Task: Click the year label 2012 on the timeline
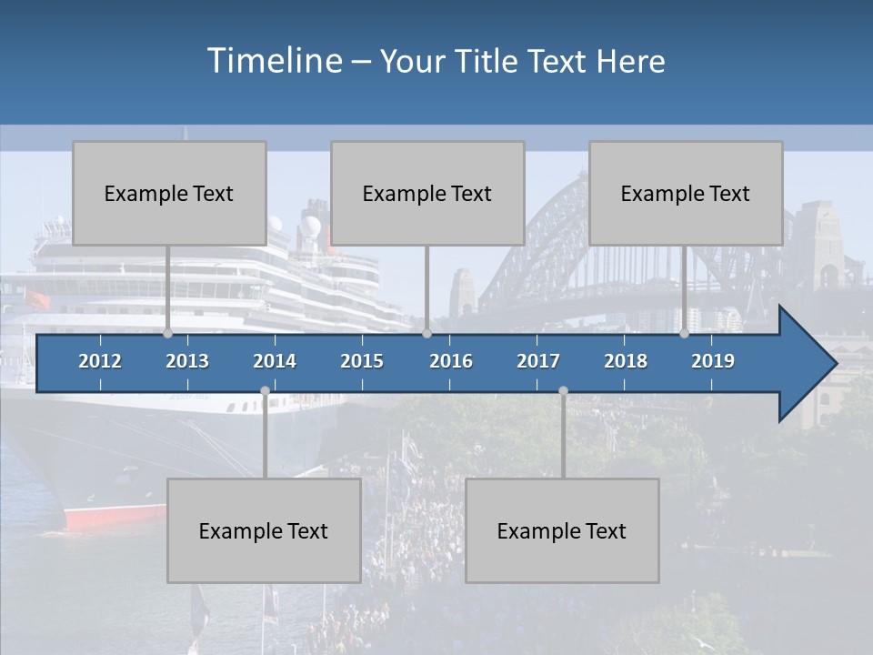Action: pyautogui.click(x=100, y=361)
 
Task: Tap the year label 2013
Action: pyautogui.click(x=187, y=361)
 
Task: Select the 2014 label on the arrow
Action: pyautogui.click(x=275, y=361)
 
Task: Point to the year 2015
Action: pyautogui.click(x=362, y=361)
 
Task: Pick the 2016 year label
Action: pyautogui.click(x=451, y=361)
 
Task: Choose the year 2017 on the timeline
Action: pyautogui.click(x=538, y=361)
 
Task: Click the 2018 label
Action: pyautogui.click(x=626, y=361)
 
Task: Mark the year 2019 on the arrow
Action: pyautogui.click(x=713, y=361)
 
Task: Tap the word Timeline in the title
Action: pyautogui.click(x=273, y=61)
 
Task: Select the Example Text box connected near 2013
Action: pyautogui.click(x=169, y=193)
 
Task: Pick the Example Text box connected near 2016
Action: pyautogui.click(x=427, y=193)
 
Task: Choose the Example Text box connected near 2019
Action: pyautogui.click(x=686, y=193)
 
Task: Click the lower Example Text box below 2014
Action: pyautogui.click(x=264, y=530)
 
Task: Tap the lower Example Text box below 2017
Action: pyautogui.click(x=562, y=530)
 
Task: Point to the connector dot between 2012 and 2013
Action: pyautogui.click(x=167, y=334)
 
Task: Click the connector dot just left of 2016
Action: pyautogui.click(x=426, y=334)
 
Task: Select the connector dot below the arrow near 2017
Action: pyautogui.click(x=563, y=391)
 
